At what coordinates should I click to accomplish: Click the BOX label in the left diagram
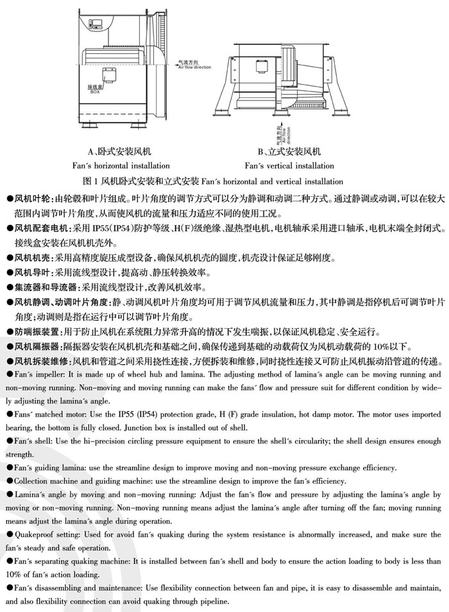[x=95, y=91]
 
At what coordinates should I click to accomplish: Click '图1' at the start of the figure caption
[x=92, y=181]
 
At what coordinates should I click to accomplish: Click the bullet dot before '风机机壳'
[x=8, y=258]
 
